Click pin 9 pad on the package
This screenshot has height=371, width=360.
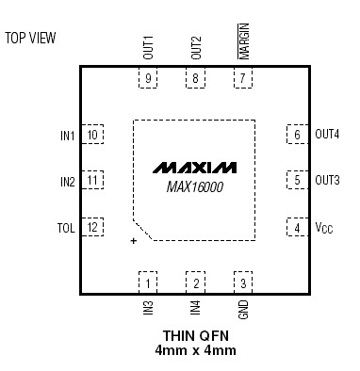pyautogui.click(x=149, y=79)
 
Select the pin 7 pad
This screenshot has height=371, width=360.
pyautogui.click(x=243, y=79)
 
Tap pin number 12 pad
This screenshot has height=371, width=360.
pyautogui.click(x=92, y=227)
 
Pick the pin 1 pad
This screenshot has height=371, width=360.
pyautogui.click(x=149, y=282)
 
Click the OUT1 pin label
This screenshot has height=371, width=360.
pyautogui.click(x=149, y=48)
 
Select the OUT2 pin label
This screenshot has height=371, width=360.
pyautogui.click(x=196, y=48)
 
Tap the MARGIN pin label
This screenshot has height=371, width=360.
pyautogui.click(x=243, y=43)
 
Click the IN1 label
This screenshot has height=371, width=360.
pyautogui.click(x=67, y=136)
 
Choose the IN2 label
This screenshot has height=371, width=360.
pyautogui.click(x=67, y=181)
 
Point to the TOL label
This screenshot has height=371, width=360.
pyautogui.click(x=66, y=227)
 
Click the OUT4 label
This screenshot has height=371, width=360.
pyautogui.click(x=327, y=135)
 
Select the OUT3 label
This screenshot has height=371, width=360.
pyautogui.click(x=327, y=180)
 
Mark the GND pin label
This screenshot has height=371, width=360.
pyautogui.click(x=243, y=309)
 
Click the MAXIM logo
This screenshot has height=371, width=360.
pyautogui.click(x=194, y=167)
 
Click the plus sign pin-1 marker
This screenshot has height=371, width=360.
pyautogui.click(x=134, y=242)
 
